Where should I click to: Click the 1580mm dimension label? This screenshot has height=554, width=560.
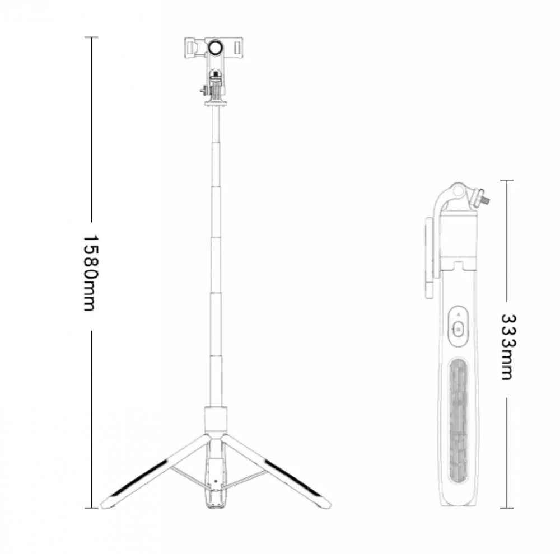[90, 273]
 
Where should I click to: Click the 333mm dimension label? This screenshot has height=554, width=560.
[507, 347]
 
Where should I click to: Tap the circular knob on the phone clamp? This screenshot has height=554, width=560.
[216, 47]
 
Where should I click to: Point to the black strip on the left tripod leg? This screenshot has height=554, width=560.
[138, 478]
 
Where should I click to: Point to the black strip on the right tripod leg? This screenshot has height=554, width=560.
[293, 478]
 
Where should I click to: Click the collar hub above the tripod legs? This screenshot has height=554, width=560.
[216, 420]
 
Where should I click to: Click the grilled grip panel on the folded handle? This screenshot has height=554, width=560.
[458, 421]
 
